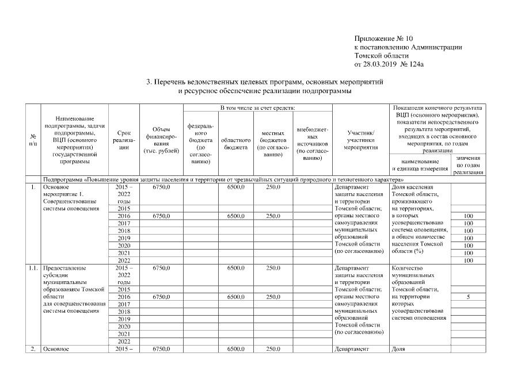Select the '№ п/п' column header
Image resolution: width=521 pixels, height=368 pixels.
(32, 139)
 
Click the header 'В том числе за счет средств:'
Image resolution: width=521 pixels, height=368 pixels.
(257, 108)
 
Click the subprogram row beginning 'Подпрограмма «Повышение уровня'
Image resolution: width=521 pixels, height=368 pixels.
(219, 180)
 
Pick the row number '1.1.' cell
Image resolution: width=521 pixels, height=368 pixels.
(32, 268)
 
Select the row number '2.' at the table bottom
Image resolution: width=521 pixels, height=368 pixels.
(32, 349)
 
